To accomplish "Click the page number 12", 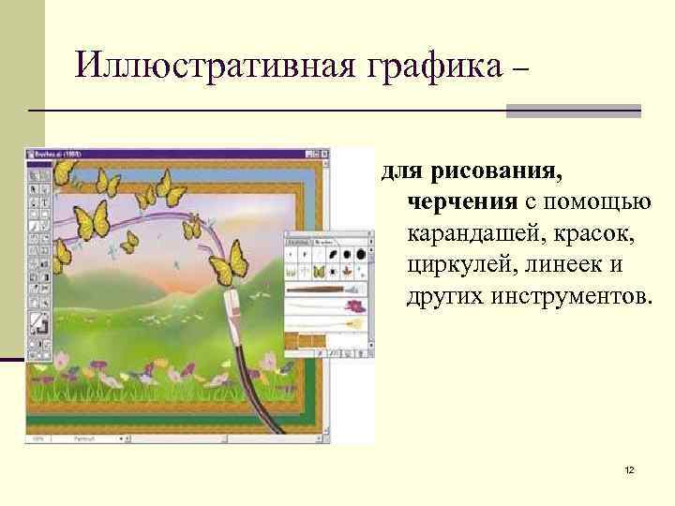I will coord(629,469).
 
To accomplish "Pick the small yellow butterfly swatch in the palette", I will coord(318,272).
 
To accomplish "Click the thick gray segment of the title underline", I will coord(573,112).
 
